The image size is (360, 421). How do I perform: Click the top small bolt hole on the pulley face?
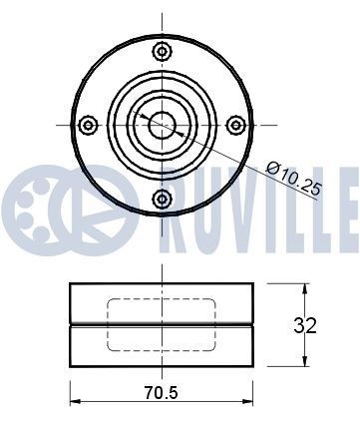(162, 51)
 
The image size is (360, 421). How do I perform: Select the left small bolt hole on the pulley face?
(88, 124)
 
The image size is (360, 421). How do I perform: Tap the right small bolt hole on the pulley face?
(235, 124)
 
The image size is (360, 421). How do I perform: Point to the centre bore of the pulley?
(162, 124)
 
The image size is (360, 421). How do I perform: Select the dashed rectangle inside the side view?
(162, 323)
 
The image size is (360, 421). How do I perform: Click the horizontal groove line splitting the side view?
(162, 325)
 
